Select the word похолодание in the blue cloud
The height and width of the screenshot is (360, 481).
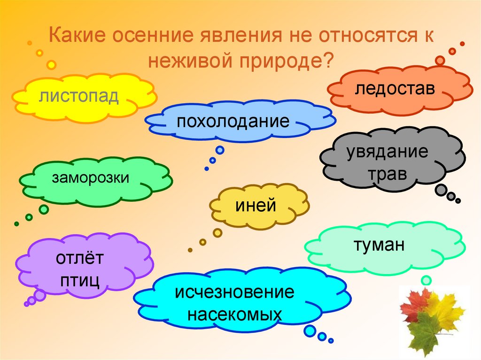[x=233, y=122]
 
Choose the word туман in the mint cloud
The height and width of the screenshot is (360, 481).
[x=379, y=245]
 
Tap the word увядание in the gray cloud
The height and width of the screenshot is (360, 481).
[x=388, y=152]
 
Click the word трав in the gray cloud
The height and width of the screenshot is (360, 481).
[x=388, y=175]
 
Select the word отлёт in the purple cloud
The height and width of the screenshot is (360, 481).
[x=79, y=258]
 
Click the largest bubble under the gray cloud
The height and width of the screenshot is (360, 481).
[x=442, y=190]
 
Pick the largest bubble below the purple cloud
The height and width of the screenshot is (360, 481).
[x=40, y=295]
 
